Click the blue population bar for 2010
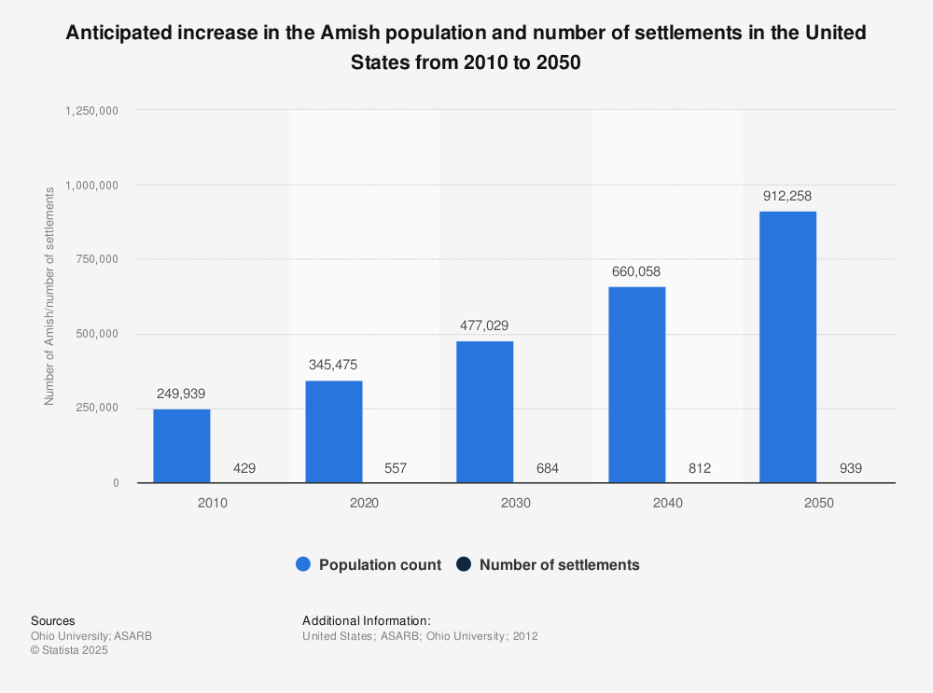coord(182,446)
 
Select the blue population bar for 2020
coord(334,432)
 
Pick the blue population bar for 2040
coord(637,384)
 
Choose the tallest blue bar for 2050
coord(788,347)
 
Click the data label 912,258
coord(788,197)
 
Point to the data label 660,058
coord(637,272)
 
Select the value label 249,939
coord(182,394)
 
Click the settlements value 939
coord(850,468)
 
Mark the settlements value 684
coord(547,468)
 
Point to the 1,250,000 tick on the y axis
coord(91,110)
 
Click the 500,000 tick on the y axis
coord(96,334)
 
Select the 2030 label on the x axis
coord(516,503)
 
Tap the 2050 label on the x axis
coord(819,503)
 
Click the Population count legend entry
coord(369,564)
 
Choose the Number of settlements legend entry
coord(548,564)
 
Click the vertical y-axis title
coord(49,296)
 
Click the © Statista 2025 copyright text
coord(70,651)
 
